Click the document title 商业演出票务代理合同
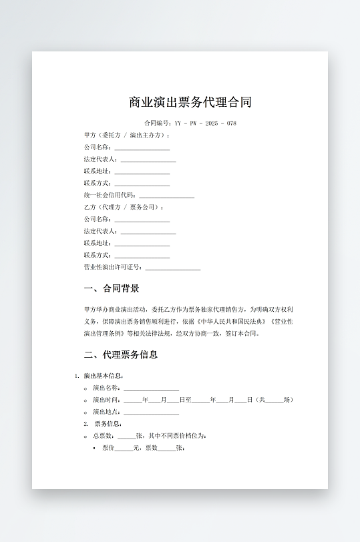(190, 103)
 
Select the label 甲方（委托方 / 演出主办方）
(123, 135)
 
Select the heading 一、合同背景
(112, 289)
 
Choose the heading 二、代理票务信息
(121, 355)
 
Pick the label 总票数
(104, 436)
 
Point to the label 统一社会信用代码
(110, 195)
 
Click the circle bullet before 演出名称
(85, 388)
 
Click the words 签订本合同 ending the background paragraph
(244, 333)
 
